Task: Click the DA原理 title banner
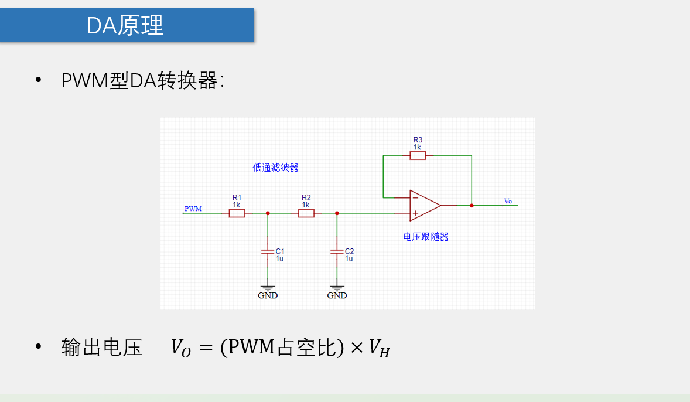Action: pos(126,25)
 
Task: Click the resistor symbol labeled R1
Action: pos(237,213)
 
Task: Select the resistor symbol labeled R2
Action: pos(306,213)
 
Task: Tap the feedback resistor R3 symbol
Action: pos(418,155)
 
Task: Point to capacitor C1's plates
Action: pos(268,251)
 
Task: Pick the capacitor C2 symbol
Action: pos(337,251)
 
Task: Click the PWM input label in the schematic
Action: pos(193,209)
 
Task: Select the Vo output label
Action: pos(508,202)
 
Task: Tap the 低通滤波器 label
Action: pos(275,168)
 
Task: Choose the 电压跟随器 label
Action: pos(426,237)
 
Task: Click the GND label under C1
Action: pos(268,295)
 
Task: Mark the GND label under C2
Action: pos(337,295)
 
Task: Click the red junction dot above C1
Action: pos(268,213)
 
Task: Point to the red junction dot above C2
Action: pos(337,213)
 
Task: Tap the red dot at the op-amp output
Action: pos(472,205)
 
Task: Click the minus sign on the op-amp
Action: pos(415,198)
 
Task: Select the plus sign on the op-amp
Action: pos(415,213)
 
